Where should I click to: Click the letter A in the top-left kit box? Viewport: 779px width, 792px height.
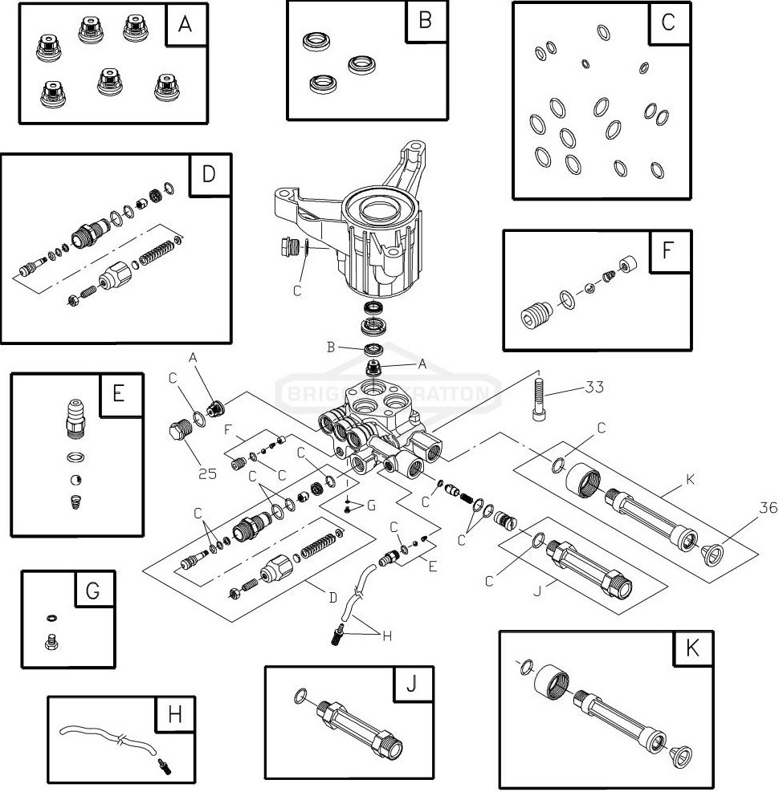pos(186,25)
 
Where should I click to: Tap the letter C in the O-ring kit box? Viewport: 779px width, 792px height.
pos(668,22)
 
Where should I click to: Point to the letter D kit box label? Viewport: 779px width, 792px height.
pos(209,174)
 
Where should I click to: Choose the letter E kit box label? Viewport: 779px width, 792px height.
pos(119,394)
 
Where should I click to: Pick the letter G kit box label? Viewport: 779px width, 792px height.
pos(93,591)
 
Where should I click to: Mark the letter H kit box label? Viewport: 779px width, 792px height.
pos(176,715)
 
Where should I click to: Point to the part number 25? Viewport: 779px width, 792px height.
pos(207,473)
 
